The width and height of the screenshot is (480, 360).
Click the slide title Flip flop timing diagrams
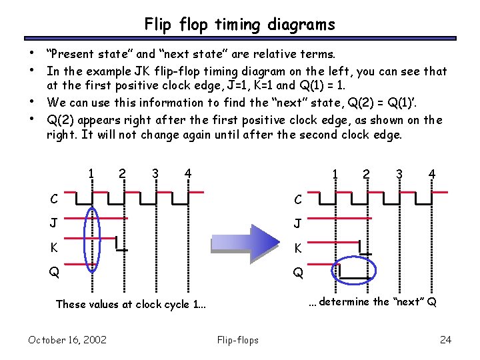tap(239, 25)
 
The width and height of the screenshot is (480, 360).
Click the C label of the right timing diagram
tap(299, 199)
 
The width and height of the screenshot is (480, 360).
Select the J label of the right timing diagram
tap(299, 224)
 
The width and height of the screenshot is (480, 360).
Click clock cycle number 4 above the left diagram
tap(189, 174)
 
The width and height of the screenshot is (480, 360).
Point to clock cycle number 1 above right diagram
tap(335, 175)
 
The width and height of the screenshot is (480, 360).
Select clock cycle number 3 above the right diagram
tap(400, 175)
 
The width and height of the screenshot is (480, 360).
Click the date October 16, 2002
tap(67, 340)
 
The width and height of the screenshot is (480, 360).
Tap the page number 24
tap(445, 340)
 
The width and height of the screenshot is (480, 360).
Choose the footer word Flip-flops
tap(237, 340)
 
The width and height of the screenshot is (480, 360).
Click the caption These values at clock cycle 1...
tap(131, 304)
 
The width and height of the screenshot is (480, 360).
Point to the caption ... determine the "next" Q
tap(373, 301)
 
